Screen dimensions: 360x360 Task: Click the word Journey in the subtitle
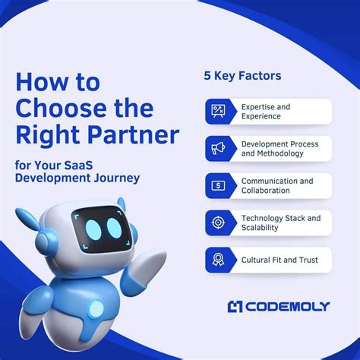click(x=121, y=178)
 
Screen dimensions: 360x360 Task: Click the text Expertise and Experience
click(x=266, y=112)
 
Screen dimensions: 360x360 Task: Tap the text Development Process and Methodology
click(x=279, y=149)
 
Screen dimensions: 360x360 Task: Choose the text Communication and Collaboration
click(x=276, y=186)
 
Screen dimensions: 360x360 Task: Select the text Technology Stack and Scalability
click(x=280, y=223)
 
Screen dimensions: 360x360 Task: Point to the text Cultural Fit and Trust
click(x=279, y=260)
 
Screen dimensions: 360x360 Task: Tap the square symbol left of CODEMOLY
click(x=235, y=306)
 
